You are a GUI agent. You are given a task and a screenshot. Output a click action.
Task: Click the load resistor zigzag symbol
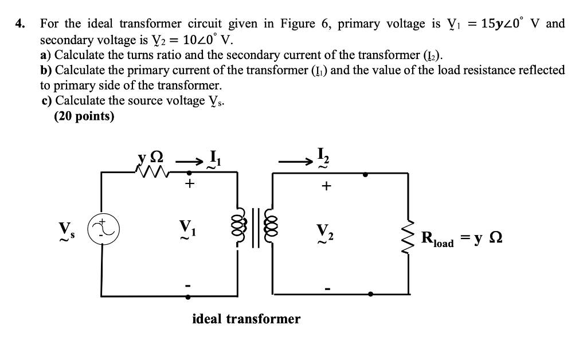pyautogui.click(x=409, y=235)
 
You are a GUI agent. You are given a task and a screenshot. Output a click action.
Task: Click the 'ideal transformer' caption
pyautogui.click(x=246, y=319)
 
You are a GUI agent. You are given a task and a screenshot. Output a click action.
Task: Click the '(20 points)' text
pyautogui.click(x=84, y=116)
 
